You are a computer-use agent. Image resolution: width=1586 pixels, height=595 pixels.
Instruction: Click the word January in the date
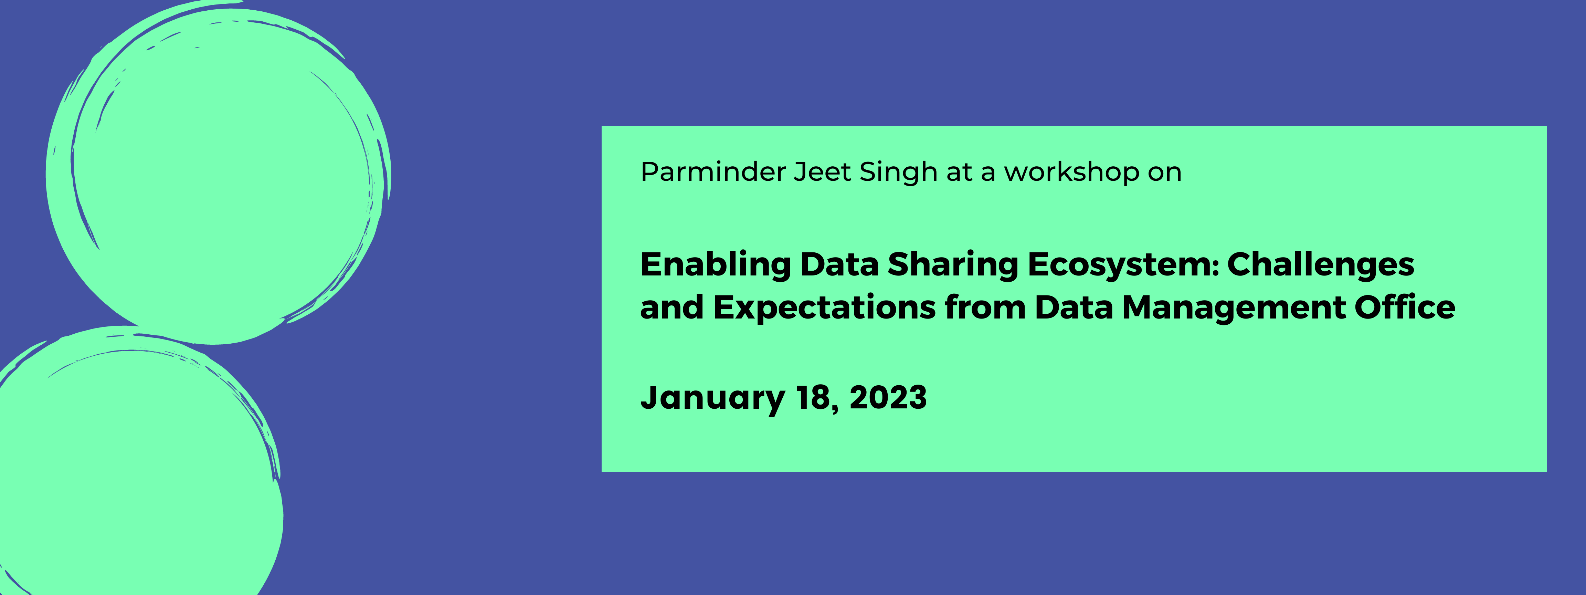(x=712, y=398)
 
